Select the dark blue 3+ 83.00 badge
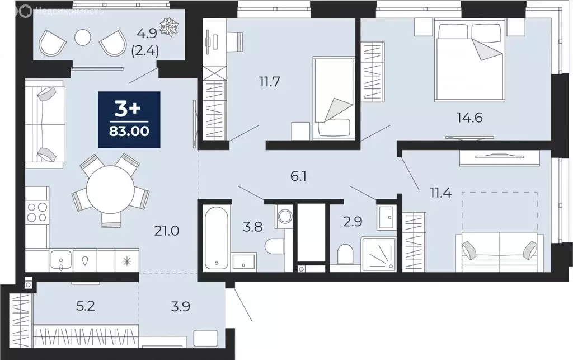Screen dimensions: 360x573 (129, 119)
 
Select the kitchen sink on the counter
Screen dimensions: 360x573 (60, 260)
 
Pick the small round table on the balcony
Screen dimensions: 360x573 (83, 38)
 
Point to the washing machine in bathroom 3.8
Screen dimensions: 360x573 (284, 216)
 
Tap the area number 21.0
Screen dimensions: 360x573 (167, 230)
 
